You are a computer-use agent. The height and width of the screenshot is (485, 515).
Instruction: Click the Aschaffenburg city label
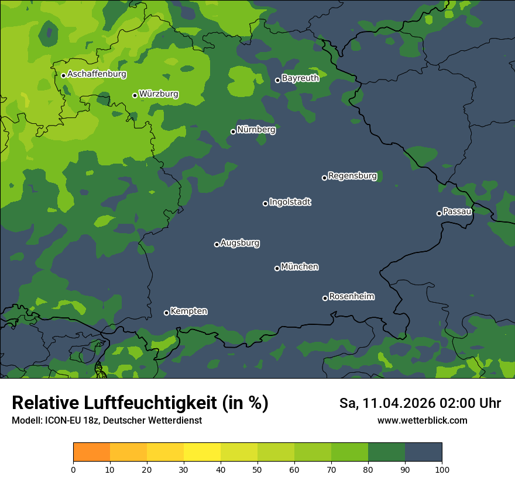pos(97,74)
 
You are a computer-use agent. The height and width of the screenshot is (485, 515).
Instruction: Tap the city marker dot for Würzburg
pos(135,95)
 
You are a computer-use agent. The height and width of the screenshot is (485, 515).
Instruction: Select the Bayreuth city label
pos(300,78)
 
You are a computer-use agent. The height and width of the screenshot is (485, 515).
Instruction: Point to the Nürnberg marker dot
pos(233,131)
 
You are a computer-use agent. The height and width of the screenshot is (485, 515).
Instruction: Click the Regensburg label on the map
pos(352,176)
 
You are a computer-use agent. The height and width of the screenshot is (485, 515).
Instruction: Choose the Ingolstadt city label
pos(290,202)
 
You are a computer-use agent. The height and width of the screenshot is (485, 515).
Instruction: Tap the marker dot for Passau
pos(439,213)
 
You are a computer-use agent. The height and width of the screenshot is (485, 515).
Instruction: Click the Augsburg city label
pos(240,243)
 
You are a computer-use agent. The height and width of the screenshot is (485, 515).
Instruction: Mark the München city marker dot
pos(277,268)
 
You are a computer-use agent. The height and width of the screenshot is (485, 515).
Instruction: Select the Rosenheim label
pos(351,297)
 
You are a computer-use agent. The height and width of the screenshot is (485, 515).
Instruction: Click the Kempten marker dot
pos(166,313)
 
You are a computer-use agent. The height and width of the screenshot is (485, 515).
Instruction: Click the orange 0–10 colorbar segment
pos(91,452)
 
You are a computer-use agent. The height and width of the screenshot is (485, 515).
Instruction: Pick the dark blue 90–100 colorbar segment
pos(423,452)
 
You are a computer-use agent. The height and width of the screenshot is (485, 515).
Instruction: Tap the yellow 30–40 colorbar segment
pos(202,452)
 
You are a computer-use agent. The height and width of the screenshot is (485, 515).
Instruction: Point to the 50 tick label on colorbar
pos(257,469)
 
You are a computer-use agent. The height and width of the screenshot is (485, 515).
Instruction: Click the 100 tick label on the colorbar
pos(442,469)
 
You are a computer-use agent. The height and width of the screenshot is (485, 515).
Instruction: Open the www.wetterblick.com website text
pos(422,420)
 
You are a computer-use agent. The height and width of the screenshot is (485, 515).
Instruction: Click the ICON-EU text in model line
pos(61,421)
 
